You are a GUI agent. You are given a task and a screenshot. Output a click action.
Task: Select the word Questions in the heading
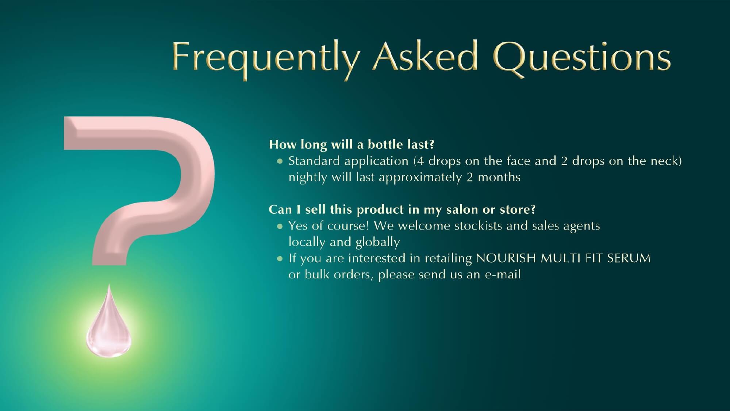pos(582,58)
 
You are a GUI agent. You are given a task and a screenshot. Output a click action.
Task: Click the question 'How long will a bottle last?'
pos(351,145)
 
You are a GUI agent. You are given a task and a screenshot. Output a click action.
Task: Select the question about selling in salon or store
pos(402,210)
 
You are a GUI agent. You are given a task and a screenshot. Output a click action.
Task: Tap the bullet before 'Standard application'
pos(280,161)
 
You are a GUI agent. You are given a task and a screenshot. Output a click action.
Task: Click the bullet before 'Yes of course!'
pos(280,226)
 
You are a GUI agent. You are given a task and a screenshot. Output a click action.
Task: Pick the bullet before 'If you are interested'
pos(280,258)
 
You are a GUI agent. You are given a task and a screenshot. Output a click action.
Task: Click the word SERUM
pos(629,258)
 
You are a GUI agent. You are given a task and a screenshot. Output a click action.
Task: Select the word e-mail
pos(503,274)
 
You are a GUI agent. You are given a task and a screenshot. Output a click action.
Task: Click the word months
pos(499,177)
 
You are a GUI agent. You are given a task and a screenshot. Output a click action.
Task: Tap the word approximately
pos(420,178)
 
